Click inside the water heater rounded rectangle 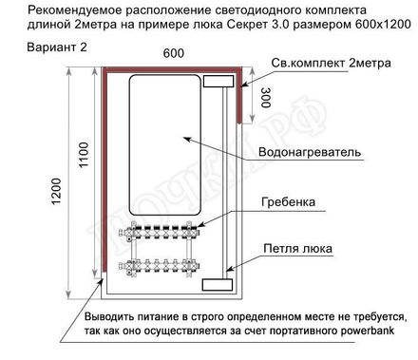(x=161, y=142)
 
